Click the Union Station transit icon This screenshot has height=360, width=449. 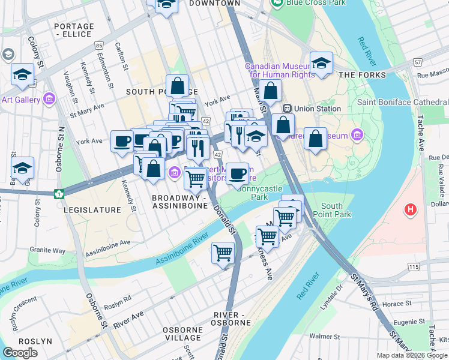click(x=288, y=109)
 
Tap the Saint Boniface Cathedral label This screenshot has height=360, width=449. click(x=402, y=102)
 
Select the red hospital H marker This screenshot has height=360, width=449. click(x=411, y=210)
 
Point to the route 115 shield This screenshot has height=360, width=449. click(x=412, y=266)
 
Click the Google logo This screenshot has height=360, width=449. click(x=20, y=353)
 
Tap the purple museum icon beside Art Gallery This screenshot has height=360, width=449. click(x=49, y=98)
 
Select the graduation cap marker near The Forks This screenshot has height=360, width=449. click(x=322, y=64)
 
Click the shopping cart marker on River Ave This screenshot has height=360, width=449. click(x=223, y=253)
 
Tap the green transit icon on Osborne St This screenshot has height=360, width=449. click(x=59, y=194)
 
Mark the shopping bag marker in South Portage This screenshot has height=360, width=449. click(x=178, y=86)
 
